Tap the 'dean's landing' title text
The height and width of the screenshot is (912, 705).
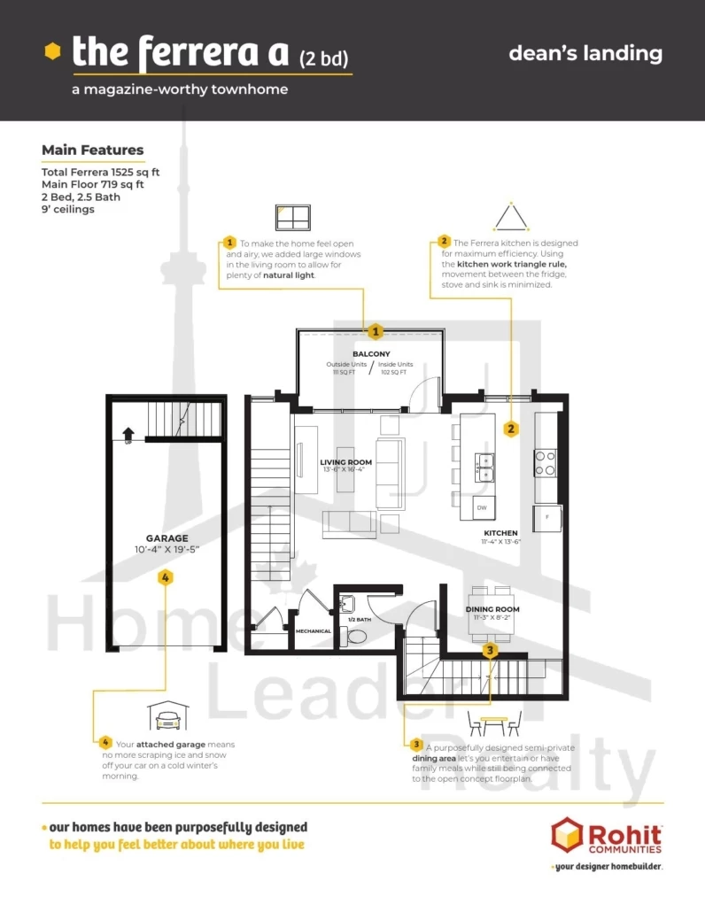[x=585, y=53]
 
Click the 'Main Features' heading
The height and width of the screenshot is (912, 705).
[x=92, y=150]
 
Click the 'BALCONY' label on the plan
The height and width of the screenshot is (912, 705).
[x=371, y=354]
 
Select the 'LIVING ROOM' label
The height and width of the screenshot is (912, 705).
[x=345, y=462]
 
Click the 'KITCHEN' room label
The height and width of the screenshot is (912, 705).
[x=500, y=533]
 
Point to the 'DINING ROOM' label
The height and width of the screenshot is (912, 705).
[x=492, y=609]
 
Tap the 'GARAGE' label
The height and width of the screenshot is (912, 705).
[x=167, y=537]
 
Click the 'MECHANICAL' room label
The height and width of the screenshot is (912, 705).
[x=314, y=631]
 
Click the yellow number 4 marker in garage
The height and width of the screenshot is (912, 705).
[x=166, y=577]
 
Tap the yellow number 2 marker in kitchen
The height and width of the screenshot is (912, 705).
[x=511, y=429]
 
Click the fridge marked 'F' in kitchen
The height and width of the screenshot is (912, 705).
[x=546, y=517]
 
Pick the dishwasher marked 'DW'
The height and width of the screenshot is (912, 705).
[x=482, y=508]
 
